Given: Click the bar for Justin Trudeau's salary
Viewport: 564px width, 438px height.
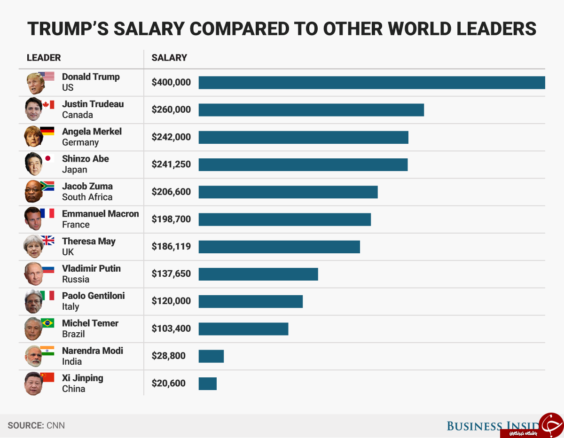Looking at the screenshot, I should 311,110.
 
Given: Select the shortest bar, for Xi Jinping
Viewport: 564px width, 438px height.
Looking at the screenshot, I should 207,383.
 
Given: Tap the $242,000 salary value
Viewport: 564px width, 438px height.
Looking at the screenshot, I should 171,137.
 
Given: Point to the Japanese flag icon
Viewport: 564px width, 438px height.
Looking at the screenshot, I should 47,158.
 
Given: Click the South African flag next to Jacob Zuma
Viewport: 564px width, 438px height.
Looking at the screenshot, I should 47,186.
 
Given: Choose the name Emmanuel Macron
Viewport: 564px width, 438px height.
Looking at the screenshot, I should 100,214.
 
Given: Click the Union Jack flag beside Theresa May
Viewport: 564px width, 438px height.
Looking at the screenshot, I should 47,241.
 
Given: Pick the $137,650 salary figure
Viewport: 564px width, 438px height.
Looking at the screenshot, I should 171,274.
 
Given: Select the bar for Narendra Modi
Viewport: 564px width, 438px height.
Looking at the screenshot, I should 211,356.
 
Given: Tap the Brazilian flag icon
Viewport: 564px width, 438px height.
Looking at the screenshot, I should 47,323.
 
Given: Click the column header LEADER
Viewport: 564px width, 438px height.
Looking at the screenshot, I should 44,58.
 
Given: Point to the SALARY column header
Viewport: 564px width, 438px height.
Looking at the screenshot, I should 169,58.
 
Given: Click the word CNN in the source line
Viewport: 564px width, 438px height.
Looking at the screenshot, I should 55,426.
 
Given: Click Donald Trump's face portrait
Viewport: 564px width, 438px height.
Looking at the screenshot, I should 35,84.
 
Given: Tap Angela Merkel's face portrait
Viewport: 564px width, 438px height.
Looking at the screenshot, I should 33,137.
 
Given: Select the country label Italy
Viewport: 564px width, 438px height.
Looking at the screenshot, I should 70,307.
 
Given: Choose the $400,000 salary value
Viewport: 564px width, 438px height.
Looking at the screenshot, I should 171,83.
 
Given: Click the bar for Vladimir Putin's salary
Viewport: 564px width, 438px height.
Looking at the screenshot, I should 258,274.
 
